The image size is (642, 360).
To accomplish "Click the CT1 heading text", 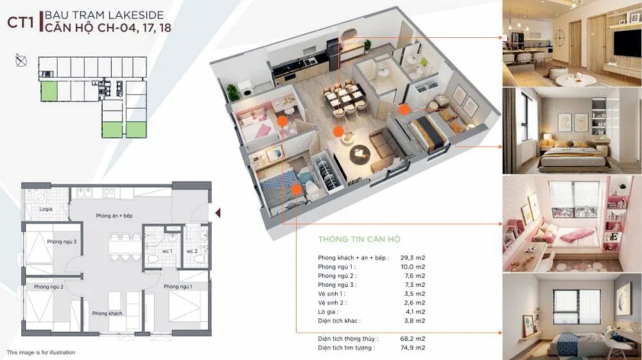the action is tap(21, 22).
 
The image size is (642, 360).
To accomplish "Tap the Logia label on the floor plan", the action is tap(46, 209).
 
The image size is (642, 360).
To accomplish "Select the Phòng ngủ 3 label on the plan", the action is tap(62, 242).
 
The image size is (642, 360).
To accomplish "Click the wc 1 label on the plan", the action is tap(167, 251).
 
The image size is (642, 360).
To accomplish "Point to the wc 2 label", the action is tap(192, 251).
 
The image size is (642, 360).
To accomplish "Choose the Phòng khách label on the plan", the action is tap(107, 314).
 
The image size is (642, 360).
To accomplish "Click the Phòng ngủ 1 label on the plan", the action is tap(178, 287).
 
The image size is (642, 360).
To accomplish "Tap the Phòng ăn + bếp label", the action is tap(114, 216).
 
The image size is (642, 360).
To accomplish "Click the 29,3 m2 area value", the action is tap(413, 258).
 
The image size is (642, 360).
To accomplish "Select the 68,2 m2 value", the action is tap(413, 339).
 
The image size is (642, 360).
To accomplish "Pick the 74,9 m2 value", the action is tap(413, 348).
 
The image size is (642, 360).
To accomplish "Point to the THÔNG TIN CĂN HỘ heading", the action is tap(359, 239).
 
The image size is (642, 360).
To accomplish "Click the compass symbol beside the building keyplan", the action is tap(21, 61).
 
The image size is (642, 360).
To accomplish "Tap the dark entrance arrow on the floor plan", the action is tap(218, 213).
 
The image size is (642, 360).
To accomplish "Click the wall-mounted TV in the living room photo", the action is tap(627, 44).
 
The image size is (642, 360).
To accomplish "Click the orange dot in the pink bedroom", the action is tap(282, 121).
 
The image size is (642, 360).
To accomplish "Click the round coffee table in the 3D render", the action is tap(360, 153).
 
